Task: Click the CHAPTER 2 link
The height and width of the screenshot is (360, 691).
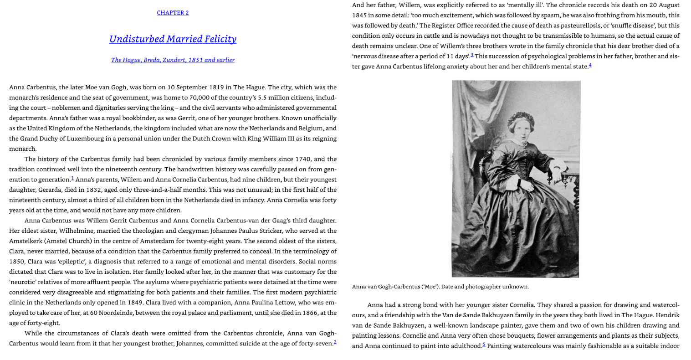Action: point(173,13)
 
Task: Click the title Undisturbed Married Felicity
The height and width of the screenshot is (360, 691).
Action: point(173,39)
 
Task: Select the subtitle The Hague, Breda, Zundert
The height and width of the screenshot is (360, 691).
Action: point(173,60)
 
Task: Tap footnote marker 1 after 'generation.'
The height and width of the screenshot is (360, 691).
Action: point(72,178)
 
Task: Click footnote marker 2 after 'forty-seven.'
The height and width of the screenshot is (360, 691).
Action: point(335,342)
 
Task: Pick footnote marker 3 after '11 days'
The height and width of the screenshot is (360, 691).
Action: point(472,55)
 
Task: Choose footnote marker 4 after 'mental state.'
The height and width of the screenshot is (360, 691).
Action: point(590,65)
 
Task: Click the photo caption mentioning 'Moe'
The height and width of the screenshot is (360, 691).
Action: point(440,287)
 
